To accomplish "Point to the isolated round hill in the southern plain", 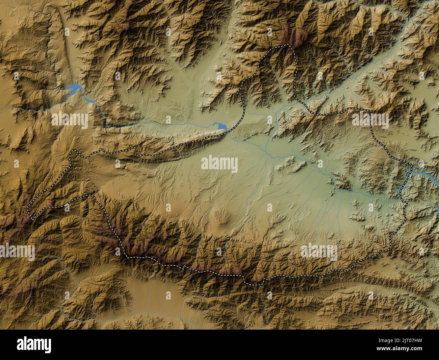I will (x=224, y=220).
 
